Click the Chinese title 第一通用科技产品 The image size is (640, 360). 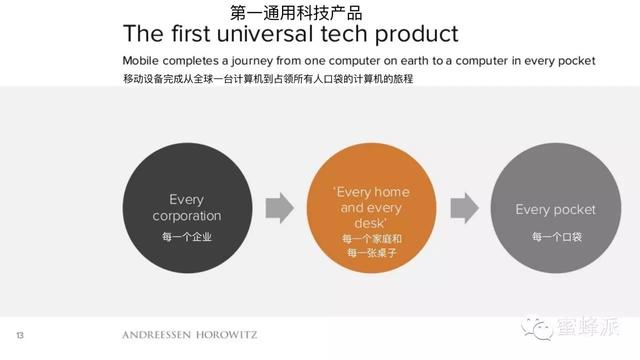[x=296, y=13]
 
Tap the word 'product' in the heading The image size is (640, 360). [x=414, y=34]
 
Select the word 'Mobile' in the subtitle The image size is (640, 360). [x=143, y=61]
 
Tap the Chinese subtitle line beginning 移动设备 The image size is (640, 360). [x=268, y=78]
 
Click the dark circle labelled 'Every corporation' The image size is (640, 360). [x=185, y=208]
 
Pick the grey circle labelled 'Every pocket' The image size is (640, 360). [x=554, y=208]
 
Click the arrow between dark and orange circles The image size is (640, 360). [x=279, y=208]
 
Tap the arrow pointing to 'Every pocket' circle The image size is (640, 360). [x=464, y=208]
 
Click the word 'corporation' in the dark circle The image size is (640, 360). [x=185, y=216]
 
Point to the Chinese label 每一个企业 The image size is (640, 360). [x=186, y=237]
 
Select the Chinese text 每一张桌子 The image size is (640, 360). [x=370, y=254]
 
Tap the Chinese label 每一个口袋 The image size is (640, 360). [x=555, y=237]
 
